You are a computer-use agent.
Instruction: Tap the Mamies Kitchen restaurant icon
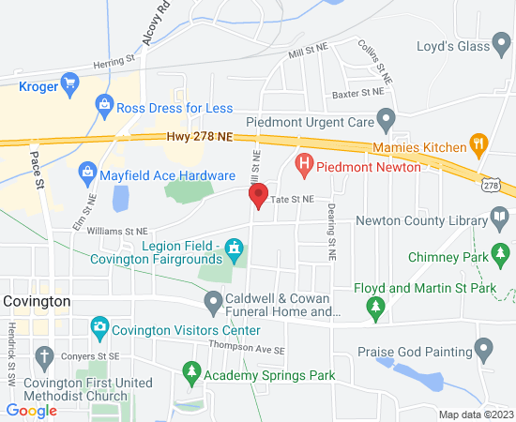tap(478, 146)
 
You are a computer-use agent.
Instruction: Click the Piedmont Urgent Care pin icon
tap(385, 120)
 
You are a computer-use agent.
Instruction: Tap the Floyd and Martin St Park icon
tap(375, 305)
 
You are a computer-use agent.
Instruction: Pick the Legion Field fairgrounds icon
tap(233, 249)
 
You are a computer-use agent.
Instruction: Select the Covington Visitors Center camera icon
tap(99, 329)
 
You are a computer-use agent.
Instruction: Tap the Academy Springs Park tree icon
tap(192, 374)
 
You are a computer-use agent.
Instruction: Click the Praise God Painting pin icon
tap(484, 352)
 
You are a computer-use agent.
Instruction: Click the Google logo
tap(31, 410)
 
